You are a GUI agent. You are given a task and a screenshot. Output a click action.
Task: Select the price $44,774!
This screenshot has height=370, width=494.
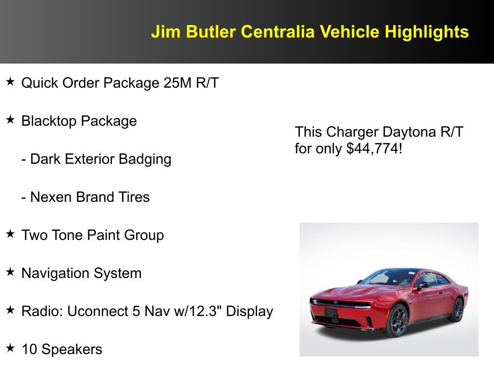[x=374, y=148]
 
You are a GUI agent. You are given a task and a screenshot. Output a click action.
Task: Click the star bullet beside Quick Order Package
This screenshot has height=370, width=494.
[x=10, y=82]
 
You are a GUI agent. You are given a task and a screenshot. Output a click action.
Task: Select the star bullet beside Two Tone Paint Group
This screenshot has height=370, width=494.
[x=10, y=234]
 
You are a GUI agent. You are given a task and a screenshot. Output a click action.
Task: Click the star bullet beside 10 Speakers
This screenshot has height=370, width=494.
[x=10, y=348]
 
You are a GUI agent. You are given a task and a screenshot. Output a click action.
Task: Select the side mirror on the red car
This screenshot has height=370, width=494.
[x=423, y=285]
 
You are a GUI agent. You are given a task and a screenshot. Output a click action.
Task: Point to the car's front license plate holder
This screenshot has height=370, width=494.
[x=331, y=312]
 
